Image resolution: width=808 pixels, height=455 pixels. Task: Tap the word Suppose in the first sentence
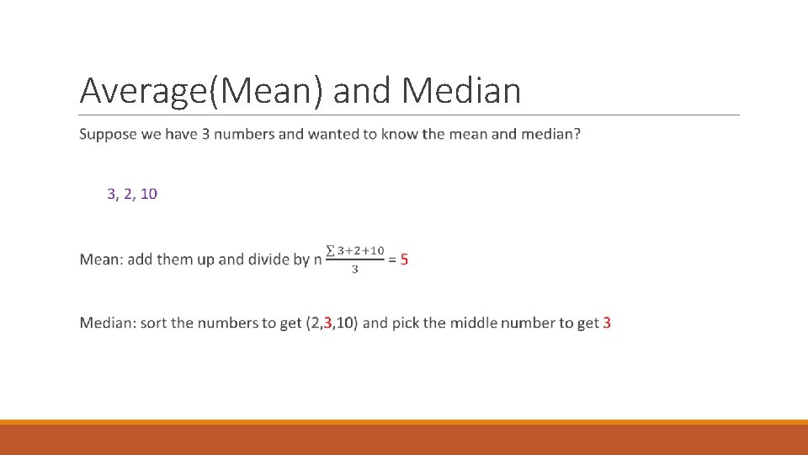pos(108,135)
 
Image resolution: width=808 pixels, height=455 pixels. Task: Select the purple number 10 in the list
pos(148,194)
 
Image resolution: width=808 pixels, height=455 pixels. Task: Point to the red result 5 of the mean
pos(404,260)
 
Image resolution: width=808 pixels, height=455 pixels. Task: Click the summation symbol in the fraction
pos(331,251)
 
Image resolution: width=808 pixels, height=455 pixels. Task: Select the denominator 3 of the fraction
pos(354,270)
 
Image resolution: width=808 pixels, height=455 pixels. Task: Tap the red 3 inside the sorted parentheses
pos(328,323)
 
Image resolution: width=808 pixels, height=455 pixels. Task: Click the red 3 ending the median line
pos(607,323)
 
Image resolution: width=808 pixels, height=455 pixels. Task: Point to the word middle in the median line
pos(473,323)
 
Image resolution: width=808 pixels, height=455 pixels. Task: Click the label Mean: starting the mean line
pos(100,260)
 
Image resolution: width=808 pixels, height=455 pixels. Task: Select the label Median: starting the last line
pos(107,323)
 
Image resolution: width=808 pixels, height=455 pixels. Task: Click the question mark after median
pos(577,135)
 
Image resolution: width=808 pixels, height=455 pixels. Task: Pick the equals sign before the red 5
pos(392,260)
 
